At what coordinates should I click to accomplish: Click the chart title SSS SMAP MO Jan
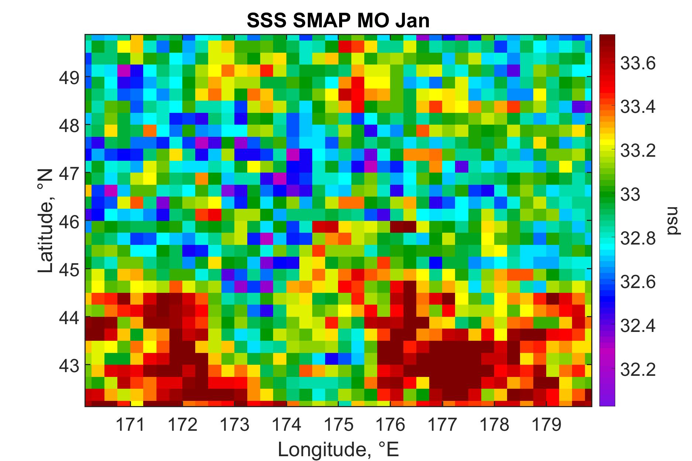pos(338,21)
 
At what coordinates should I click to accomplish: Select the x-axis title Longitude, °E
pos(338,449)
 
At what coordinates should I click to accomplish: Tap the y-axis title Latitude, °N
pos(46,221)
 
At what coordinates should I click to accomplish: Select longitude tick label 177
pos(442,425)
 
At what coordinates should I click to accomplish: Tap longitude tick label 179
pos(546,425)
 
